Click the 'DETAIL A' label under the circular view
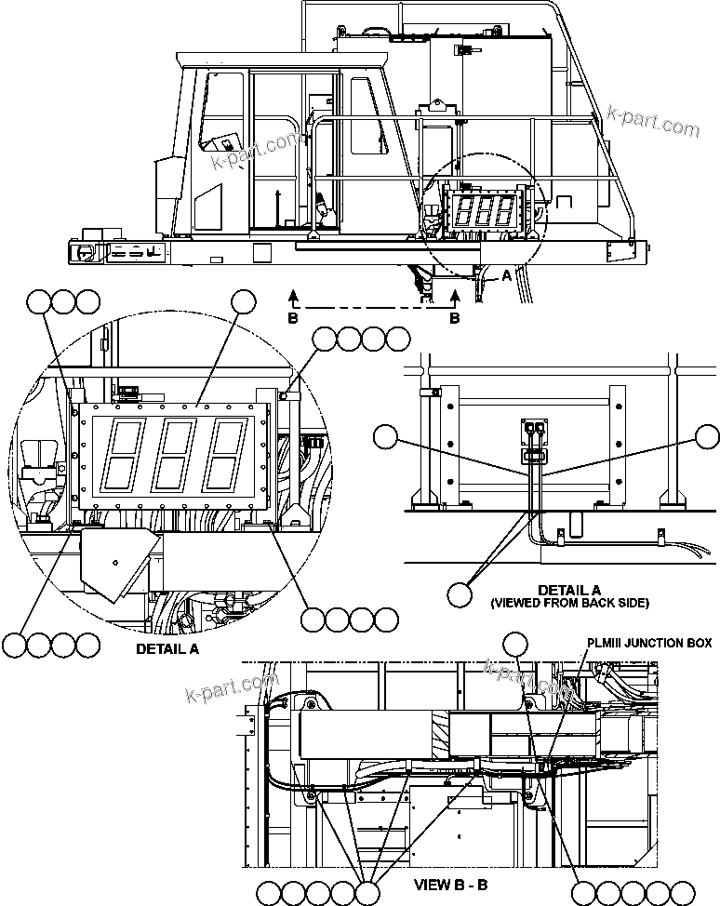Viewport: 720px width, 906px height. click(x=167, y=648)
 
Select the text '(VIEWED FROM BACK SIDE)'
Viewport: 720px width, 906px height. click(x=569, y=603)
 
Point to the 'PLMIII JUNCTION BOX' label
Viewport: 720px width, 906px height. click(x=648, y=643)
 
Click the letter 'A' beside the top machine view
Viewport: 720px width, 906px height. click(x=506, y=275)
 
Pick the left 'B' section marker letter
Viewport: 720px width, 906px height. click(x=294, y=317)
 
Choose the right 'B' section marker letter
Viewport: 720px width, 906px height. click(x=455, y=317)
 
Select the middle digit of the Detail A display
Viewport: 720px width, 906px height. click(x=171, y=455)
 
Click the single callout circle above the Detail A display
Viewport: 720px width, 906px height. click(x=244, y=301)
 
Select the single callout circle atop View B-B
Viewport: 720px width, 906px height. click(x=514, y=643)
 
